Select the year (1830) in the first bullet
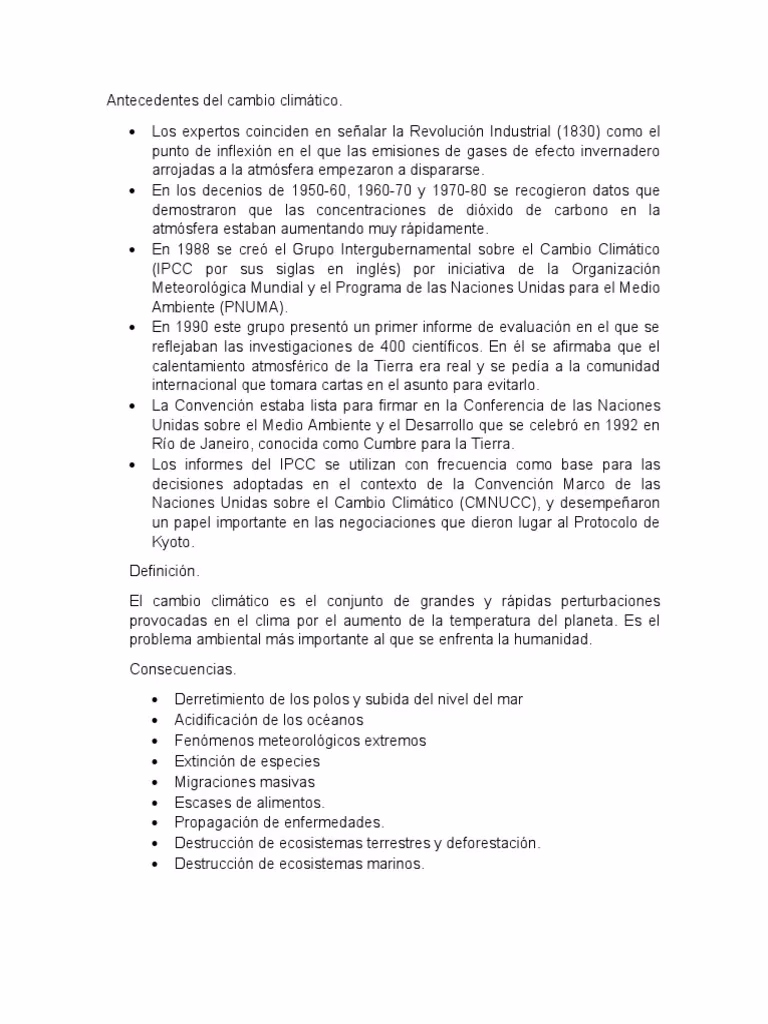[580, 132]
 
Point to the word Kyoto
[172, 542]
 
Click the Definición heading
[164, 571]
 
